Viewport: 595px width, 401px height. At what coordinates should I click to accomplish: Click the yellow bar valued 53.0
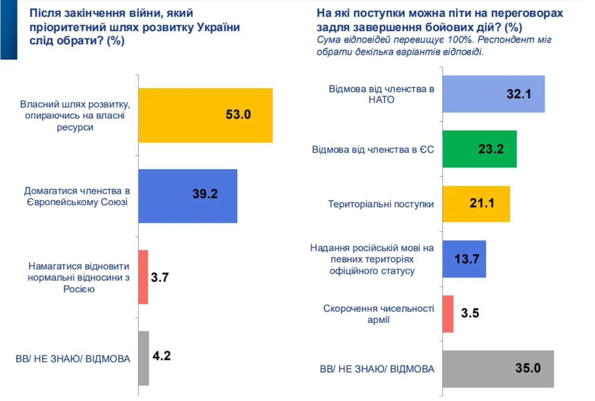point(205,115)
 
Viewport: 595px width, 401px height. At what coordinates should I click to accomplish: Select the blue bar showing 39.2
point(188,196)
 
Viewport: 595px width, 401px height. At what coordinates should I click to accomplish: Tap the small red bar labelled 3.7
point(143,277)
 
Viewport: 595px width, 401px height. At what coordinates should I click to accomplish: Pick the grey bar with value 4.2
point(144,358)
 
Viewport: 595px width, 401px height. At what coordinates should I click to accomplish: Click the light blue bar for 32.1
point(493,94)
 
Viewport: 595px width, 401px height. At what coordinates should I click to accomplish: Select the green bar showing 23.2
point(479,149)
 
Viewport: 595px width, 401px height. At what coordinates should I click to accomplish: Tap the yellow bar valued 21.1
point(476,204)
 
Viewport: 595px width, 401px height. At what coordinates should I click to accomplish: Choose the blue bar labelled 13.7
point(464,259)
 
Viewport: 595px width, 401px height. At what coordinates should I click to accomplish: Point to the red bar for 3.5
point(448,314)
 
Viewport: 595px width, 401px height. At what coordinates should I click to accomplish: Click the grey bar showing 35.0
point(498,369)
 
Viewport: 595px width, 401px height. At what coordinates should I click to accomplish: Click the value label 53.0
point(238,115)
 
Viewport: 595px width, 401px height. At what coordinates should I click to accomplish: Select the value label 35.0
point(528,369)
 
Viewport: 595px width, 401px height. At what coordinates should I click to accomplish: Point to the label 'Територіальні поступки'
point(381,204)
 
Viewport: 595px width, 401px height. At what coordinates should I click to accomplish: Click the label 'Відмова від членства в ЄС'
point(372,149)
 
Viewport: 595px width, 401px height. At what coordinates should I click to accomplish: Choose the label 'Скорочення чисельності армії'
point(378,314)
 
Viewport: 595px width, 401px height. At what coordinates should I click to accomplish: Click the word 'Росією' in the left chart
point(79,289)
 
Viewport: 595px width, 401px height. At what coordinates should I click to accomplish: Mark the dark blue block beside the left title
point(8,29)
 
